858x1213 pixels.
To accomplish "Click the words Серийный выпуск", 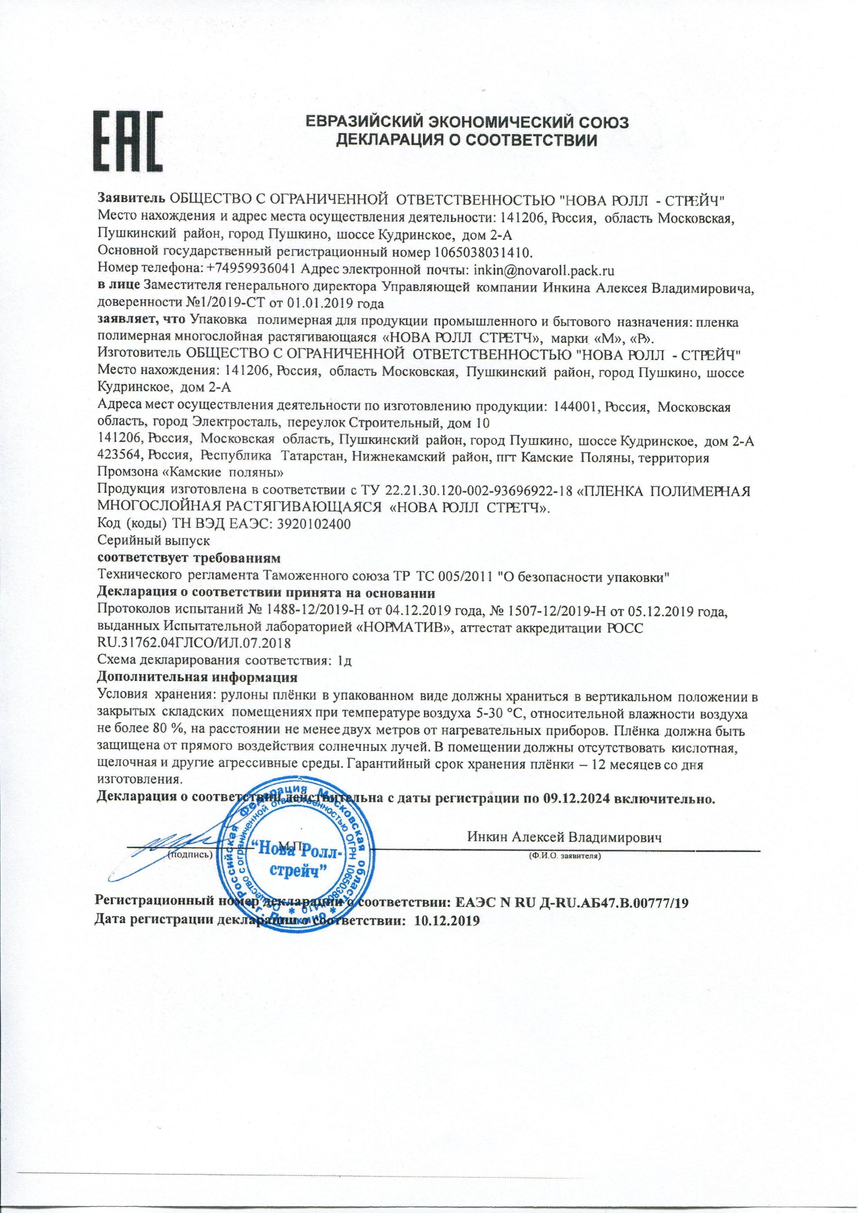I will (x=154, y=541).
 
